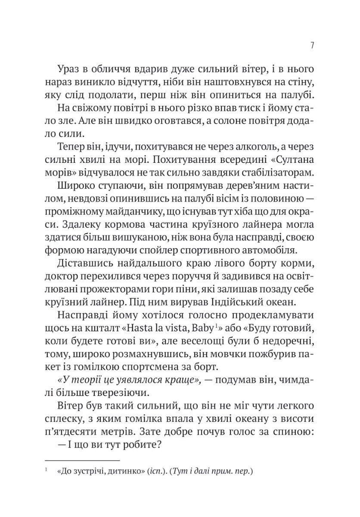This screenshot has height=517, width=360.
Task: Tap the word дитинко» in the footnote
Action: tap(123, 472)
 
